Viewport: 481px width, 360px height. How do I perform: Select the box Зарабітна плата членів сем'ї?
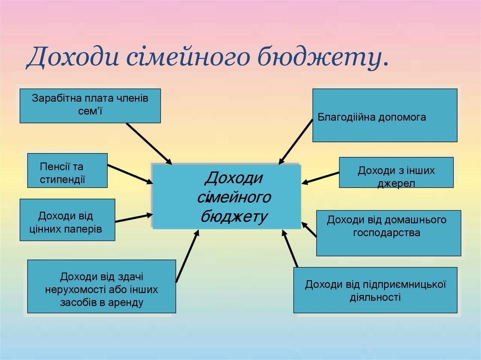[x=90, y=106]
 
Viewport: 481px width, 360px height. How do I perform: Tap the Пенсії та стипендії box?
[x=67, y=170]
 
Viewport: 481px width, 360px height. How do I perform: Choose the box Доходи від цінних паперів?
[x=67, y=220]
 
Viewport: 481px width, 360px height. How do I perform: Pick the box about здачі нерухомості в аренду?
[x=101, y=286]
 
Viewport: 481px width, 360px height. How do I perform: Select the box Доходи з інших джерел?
[x=396, y=173]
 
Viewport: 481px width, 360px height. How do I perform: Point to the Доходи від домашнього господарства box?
[x=388, y=233]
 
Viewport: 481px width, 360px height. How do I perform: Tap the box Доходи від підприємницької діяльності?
[x=375, y=290]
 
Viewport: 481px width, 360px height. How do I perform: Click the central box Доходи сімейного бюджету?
[x=226, y=196]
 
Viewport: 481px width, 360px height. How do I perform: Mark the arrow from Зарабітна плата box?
[x=149, y=144]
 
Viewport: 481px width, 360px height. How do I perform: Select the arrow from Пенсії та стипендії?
[x=130, y=174]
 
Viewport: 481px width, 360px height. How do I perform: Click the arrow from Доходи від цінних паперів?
[x=134, y=218]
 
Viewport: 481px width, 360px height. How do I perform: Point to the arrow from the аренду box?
[x=187, y=256]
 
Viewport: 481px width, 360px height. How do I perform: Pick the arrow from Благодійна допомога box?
[x=295, y=142]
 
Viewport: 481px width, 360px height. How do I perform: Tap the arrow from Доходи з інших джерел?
[x=320, y=178]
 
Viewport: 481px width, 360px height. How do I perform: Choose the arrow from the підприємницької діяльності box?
[x=290, y=249]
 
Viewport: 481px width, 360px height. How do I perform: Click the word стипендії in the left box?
[x=62, y=179]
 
